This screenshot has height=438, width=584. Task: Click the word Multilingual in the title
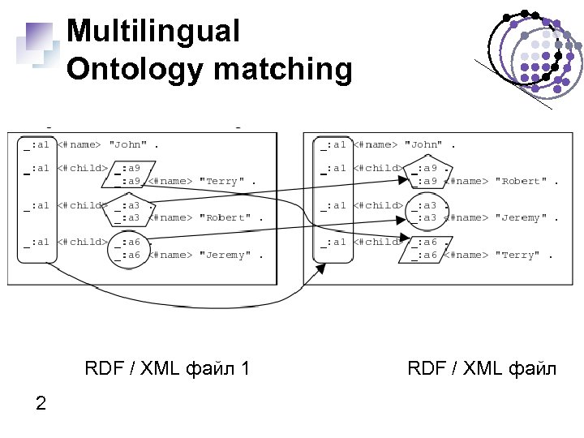pos(153,32)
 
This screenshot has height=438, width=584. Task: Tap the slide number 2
pos(41,403)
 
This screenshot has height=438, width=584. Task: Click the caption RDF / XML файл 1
pos(167,369)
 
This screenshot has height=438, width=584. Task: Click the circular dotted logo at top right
pos(533,51)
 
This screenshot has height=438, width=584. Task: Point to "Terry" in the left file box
pos(222,182)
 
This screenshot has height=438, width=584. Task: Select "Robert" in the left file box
pos(226,218)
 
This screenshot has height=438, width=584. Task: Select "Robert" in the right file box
pos(525,182)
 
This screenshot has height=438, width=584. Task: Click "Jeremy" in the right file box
pos(525,218)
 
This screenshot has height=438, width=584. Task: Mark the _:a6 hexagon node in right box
pos(424,248)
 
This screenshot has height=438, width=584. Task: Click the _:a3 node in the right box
pos(424,212)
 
